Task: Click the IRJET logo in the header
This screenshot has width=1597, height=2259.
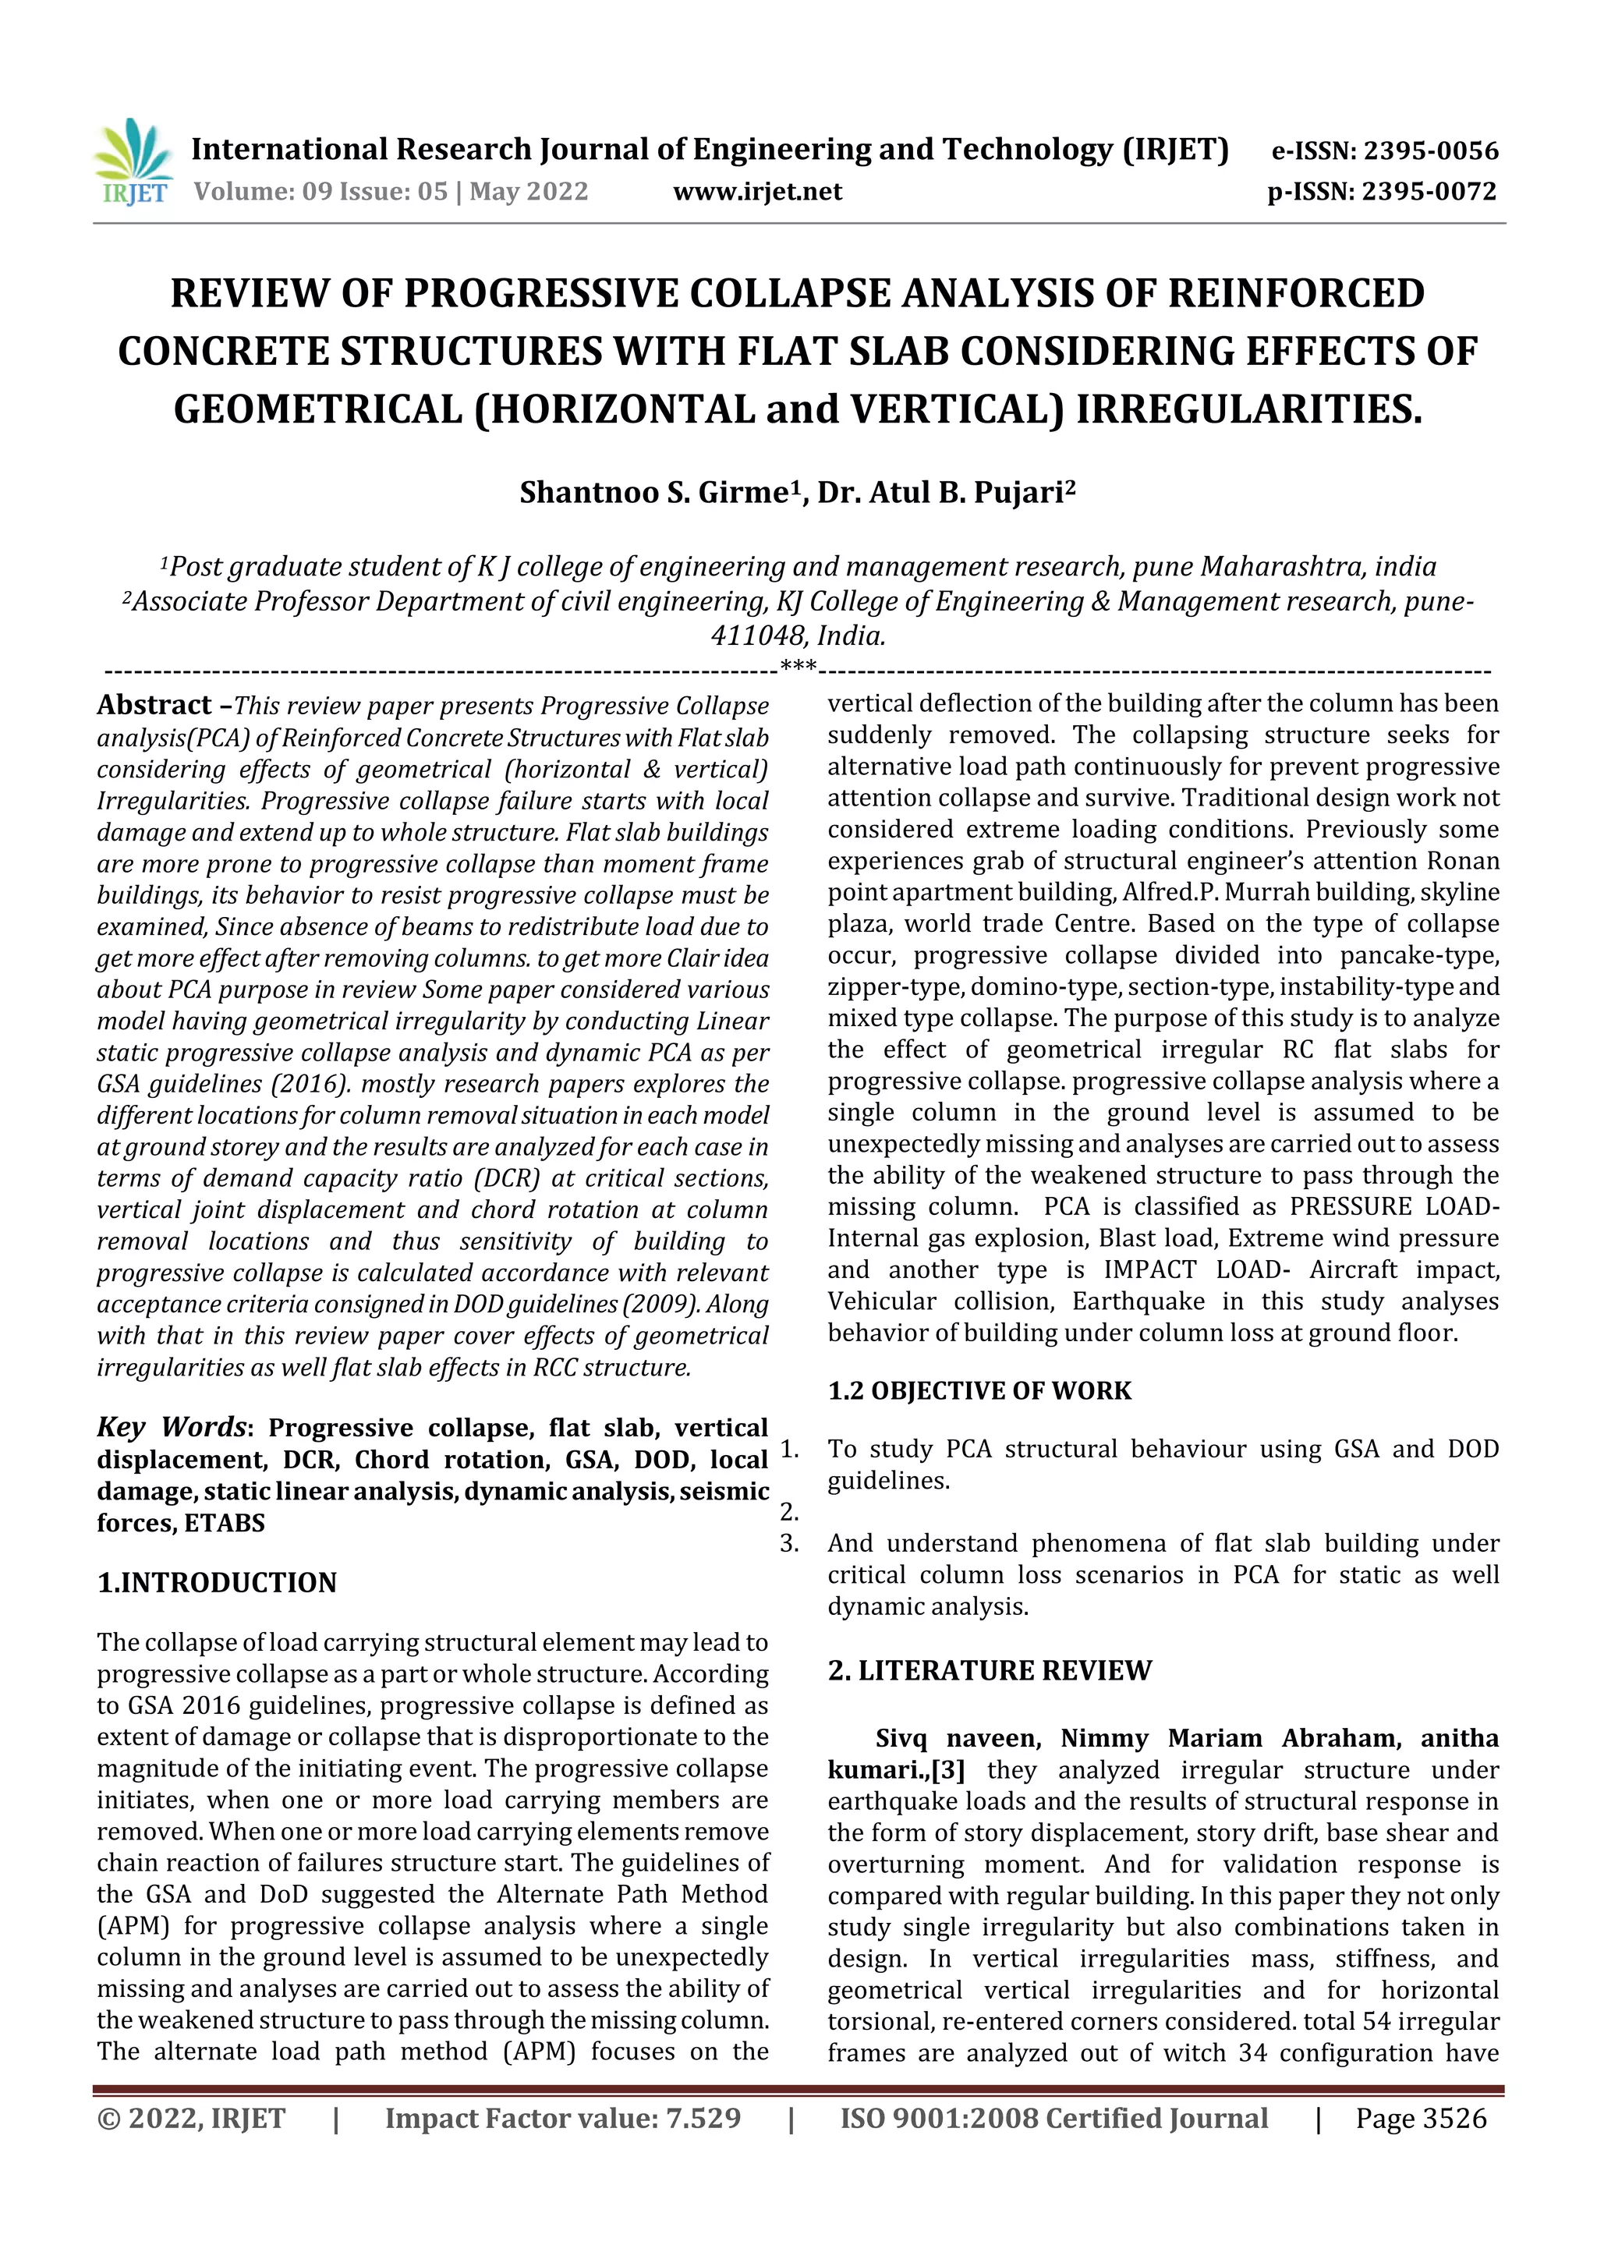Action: pos(132,163)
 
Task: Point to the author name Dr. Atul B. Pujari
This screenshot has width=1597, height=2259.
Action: pos(940,493)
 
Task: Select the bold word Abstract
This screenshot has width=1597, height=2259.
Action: pos(154,706)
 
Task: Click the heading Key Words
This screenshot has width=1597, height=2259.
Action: pos(172,1428)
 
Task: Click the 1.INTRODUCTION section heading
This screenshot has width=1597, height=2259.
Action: pos(217,1583)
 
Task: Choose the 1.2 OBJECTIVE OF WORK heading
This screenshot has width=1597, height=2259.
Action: pos(979,1391)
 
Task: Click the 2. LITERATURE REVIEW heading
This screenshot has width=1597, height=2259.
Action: pos(989,1670)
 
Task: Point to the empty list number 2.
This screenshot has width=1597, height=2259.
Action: pos(789,1512)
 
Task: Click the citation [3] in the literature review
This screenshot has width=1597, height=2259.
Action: pos(947,1770)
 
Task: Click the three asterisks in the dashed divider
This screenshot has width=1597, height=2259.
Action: pos(797,666)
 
